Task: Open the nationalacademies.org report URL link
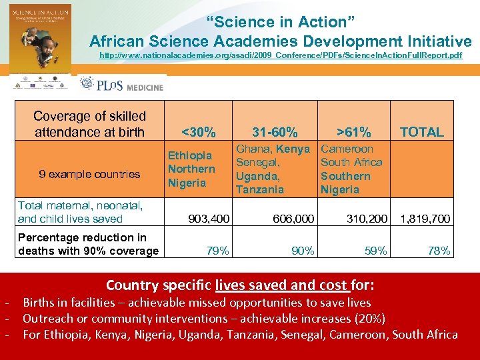pyautogui.click(x=280, y=55)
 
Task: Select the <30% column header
pyautogui.click(x=198, y=131)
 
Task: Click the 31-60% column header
pyautogui.click(x=275, y=131)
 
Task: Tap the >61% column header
pyautogui.click(x=353, y=131)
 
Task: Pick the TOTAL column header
pyautogui.click(x=421, y=131)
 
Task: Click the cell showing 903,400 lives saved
pyautogui.click(x=209, y=219)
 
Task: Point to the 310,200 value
pyautogui.click(x=367, y=219)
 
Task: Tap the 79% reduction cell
pyautogui.click(x=218, y=251)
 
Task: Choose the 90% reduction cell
pyautogui.click(x=303, y=251)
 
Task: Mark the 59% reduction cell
pyautogui.click(x=376, y=251)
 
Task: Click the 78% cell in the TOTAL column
pyautogui.click(x=439, y=251)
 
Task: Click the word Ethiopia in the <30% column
pyautogui.click(x=189, y=155)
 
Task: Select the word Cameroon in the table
pyautogui.click(x=347, y=149)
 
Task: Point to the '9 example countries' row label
pyautogui.click(x=89, y=175)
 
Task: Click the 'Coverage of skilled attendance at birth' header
pyautogui.click(x=89, y=124)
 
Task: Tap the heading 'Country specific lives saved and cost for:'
pyautogui.click(x=240, y=285)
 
